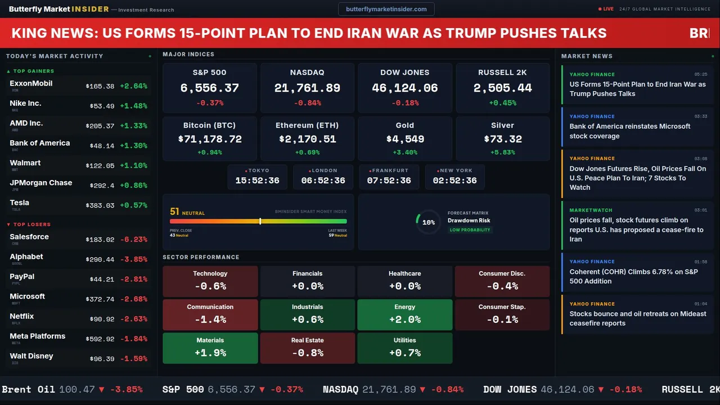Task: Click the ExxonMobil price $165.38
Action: (100, 87)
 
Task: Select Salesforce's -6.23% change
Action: (134, 240)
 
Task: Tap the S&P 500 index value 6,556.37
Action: (209, 88)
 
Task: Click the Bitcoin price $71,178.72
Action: (209, 139)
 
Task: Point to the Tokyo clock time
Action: (257, 181)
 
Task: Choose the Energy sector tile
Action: (404, 314)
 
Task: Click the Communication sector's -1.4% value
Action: (210, 319)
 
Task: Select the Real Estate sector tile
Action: (307, 348)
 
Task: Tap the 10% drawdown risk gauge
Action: (428, 222)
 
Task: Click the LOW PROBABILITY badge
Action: (470, 230)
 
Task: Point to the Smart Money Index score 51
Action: (174, 212)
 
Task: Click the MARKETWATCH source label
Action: (591, 210)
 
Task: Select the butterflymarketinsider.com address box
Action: (386, 9)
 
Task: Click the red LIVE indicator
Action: (606, 9)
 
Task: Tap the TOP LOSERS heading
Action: (31, 224)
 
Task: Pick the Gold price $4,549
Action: (404, 139)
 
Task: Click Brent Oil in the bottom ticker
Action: (29, 389)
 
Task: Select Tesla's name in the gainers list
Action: (20, 203)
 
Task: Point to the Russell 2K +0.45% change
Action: (502, 103)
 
